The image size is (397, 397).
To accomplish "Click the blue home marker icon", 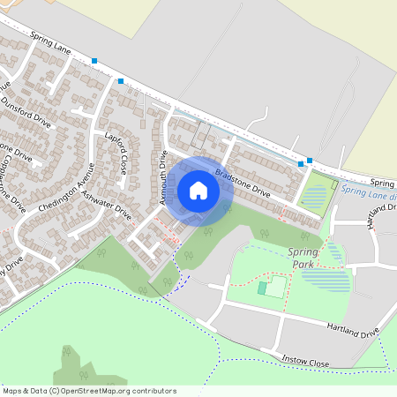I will click(198, 191).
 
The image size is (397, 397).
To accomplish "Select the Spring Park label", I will click(303, 258).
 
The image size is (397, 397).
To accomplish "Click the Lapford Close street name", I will click(116, 154).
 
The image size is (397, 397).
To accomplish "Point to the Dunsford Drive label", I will click(27, 114).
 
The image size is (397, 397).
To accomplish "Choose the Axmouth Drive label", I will click(163, 177).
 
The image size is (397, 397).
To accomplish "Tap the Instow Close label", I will click(306, 363).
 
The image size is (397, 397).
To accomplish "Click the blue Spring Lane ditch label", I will click(369, 190).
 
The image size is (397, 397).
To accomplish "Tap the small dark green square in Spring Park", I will click(262, 288).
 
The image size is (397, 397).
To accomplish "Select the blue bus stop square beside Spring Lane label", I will click(94, 60).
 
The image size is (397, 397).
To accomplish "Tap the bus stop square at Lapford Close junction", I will click(121, 80).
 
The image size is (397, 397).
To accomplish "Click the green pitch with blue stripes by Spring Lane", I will click(318, 193).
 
